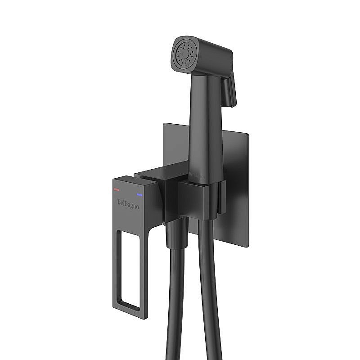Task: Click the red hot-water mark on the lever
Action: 117,190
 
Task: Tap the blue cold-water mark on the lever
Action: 139,195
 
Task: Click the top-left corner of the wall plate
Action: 164,124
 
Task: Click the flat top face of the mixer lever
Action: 135,180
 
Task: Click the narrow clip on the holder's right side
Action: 220,198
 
